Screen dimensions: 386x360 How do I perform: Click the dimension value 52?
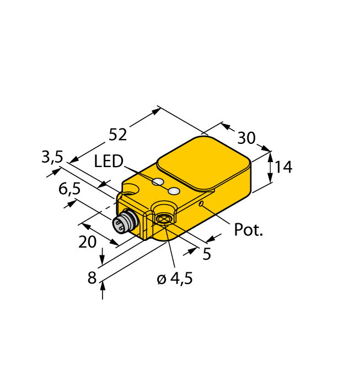tap(118, 134)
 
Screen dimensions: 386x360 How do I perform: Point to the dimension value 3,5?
tap(52, 158)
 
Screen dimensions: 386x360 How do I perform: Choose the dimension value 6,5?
tap(69, 189)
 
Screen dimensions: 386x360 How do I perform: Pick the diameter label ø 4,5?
tap(174, 279)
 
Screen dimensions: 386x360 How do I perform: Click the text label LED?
tap(108, 162)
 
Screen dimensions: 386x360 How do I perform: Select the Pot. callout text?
tap(249, 229)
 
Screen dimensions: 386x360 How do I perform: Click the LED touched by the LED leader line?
tap(158, 182)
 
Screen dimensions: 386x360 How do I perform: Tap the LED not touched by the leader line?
tap(174, 191)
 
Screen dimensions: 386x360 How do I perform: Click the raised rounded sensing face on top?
tap(203, 160)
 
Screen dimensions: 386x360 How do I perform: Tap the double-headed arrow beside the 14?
tap(270, 167)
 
